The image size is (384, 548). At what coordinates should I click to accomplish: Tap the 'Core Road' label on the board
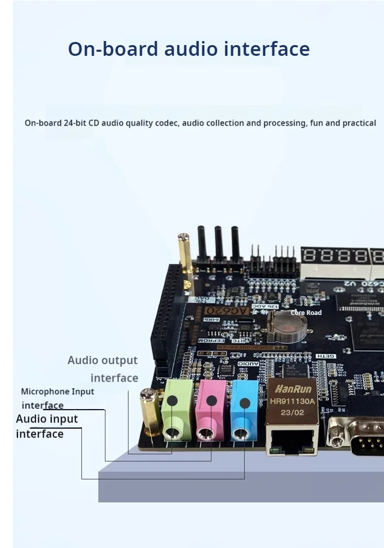(306, 312)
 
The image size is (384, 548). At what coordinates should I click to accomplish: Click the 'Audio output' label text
(102, 361)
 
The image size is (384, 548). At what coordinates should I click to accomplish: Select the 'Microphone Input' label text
(57, 391)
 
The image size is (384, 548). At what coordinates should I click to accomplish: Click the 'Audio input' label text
(47, 419)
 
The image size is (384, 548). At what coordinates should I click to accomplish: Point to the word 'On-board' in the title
(113, 49)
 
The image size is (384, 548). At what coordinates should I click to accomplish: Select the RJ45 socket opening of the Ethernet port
(292, 439)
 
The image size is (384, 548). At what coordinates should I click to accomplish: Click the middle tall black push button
(219, 243)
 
